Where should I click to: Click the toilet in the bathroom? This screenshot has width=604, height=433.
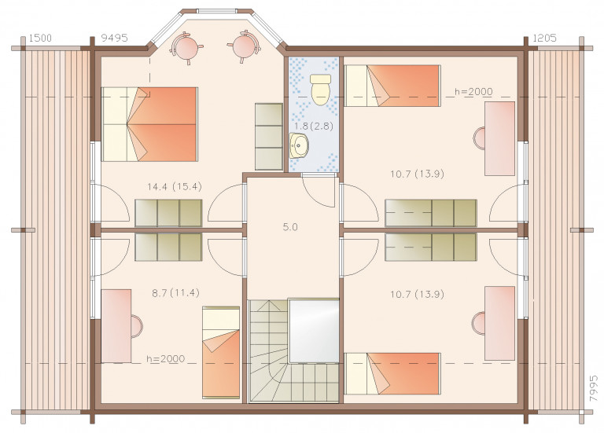(x=321, y=90)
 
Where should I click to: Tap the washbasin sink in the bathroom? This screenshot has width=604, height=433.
(x=299, y=145)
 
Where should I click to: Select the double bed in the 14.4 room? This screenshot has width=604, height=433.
(x=149, y=124)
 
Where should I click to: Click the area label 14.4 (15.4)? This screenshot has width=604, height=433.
(x=175, y=187)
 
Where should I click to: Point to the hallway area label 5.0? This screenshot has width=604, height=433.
(x=290, y=227)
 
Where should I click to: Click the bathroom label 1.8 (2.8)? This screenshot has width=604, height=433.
(x=314, y=127)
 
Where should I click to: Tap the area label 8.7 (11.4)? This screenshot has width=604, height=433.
(x=175, y=293)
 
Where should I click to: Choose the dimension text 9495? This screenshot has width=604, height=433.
(x=114, y=38)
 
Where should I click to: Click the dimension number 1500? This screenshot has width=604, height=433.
(x=40, y=38)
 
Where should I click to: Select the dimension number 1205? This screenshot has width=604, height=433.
(x=545, y=38)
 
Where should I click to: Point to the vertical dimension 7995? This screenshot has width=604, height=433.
(x=594, y=389)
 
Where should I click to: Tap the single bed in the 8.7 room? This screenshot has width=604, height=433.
(x=221, y=353)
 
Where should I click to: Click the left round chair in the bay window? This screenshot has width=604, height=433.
(x=186, y=48)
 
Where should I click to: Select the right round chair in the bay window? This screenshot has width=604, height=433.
(x=245, y=46)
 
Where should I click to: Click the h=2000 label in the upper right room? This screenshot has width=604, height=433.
(x=473, y=92)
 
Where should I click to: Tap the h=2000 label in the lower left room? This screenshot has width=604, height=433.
(x=166, y=358)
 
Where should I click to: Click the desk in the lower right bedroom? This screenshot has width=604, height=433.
(x=499, y=323)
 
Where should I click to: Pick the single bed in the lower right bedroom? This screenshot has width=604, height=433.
(x=392, y=373)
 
